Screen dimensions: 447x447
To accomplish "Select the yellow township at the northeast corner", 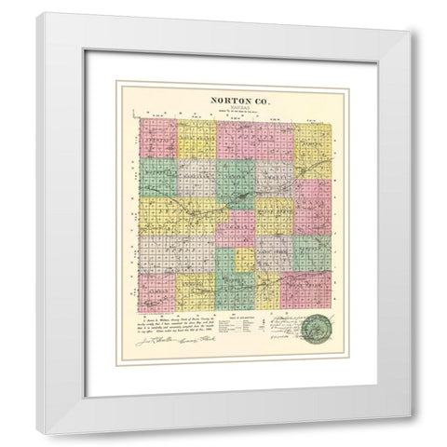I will pyautogui.click(x=310, y=140).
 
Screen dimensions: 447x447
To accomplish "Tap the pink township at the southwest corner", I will pyautogui.click(x=157, y=291).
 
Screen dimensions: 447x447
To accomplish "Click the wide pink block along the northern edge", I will pyautogui.click(x=242, y=139).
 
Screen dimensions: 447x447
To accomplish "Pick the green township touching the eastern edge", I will pyautogui.click(x=312, y=250).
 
